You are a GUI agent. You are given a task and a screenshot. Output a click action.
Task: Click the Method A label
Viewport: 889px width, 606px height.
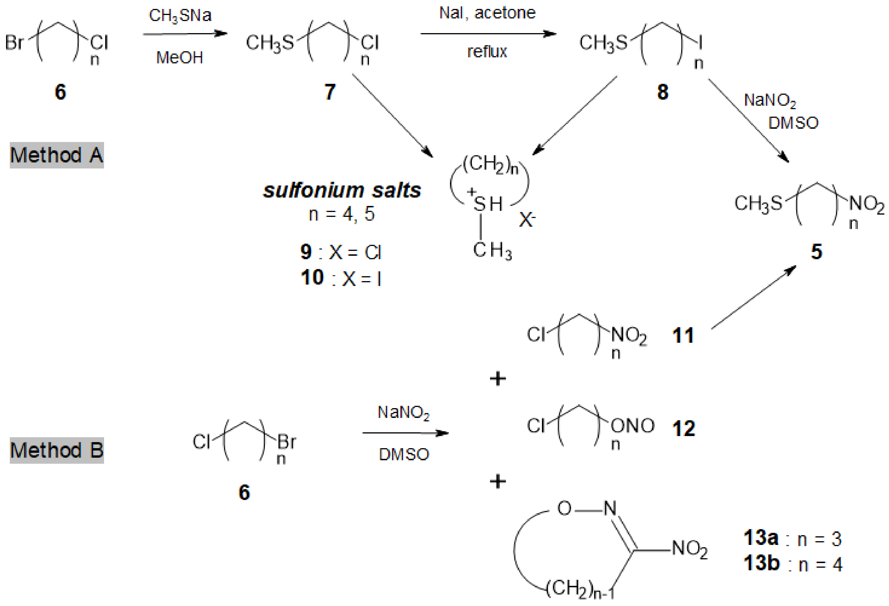(x=56, y=156)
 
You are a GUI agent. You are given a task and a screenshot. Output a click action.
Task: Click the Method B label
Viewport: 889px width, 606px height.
(x=56, y=450)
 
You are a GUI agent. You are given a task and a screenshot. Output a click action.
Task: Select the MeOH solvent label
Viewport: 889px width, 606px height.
(x=179, y=58)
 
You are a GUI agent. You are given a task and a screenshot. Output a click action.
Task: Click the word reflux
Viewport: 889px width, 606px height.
(x=487, y=52)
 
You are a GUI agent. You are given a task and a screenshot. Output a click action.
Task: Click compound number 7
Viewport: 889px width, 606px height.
(x=330, y=92)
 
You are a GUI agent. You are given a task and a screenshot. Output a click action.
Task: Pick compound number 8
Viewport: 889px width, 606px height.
(x=662, y=92)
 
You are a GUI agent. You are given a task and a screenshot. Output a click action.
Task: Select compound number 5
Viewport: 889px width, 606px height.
(x=816, y=252)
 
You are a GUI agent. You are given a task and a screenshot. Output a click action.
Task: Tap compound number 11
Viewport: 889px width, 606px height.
(x=683, y=336)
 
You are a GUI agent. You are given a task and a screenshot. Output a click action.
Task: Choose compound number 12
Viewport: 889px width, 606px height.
(x=683, y=428)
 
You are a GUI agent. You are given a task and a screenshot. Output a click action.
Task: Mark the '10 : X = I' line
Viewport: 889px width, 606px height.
(x=341, y=278)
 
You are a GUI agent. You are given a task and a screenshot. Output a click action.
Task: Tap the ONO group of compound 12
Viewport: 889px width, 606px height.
(x=632, y=426)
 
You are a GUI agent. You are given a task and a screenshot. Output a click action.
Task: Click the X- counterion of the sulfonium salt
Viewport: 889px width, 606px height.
(x=527, y=220)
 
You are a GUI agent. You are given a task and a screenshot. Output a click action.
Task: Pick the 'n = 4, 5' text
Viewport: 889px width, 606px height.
(x=341, y=214)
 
